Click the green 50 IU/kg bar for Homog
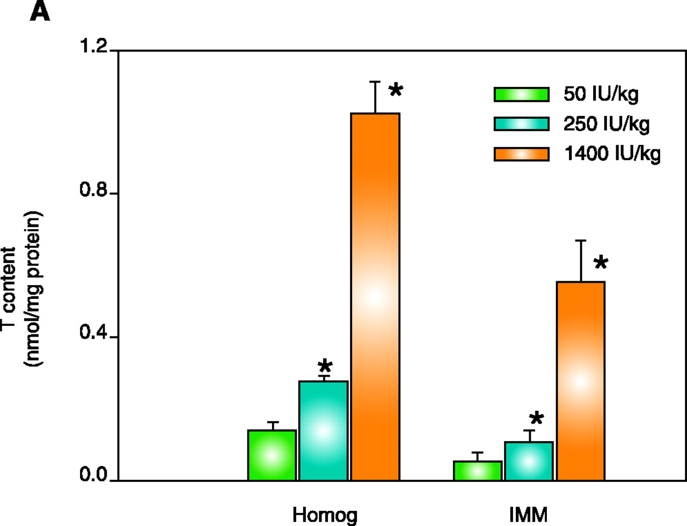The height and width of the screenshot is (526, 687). [272, 455]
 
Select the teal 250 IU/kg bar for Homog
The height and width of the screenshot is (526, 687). [323, 430]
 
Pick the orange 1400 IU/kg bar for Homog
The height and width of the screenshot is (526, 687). [375, 296]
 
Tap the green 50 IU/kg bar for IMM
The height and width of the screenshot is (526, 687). [478, 471]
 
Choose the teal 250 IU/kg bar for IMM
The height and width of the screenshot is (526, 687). [529, 461]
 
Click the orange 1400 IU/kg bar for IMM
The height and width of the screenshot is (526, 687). [580, 381]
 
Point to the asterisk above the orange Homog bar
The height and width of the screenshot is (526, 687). [396, 90]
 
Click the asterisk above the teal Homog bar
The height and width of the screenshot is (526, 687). [325, 367]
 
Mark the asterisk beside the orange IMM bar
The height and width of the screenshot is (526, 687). [601, 263]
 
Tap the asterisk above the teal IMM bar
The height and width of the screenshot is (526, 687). [536, 419]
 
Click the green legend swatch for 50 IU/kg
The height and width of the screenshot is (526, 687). [521, 94]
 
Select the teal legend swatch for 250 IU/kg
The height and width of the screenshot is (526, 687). [521, 124]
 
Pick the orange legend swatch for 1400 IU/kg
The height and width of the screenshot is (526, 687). [521, 154]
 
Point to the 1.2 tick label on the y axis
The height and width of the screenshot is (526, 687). [93, 47]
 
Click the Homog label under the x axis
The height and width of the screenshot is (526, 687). [325, 515]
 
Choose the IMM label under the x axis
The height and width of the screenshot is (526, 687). [529, 515]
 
